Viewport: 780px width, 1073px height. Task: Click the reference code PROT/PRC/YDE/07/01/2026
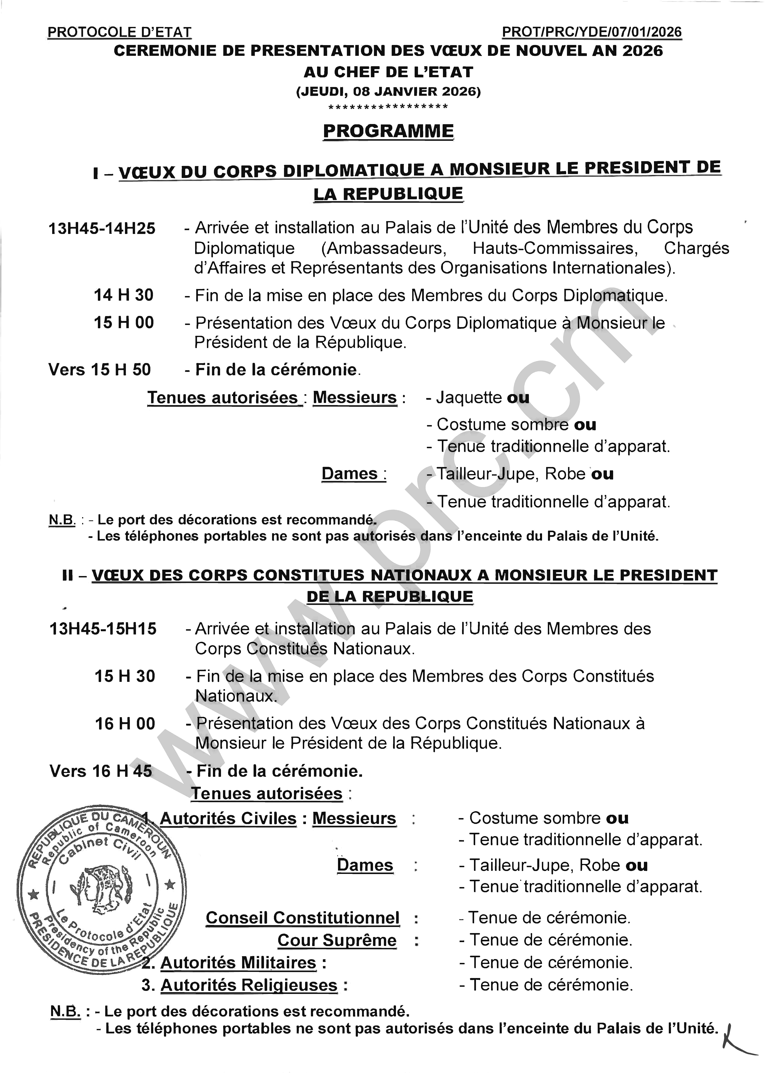592,32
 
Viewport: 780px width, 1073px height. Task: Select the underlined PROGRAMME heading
388,131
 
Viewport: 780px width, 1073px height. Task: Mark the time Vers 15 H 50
100,369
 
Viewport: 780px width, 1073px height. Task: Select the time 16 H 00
125,723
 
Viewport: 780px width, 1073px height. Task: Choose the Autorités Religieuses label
249,985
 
